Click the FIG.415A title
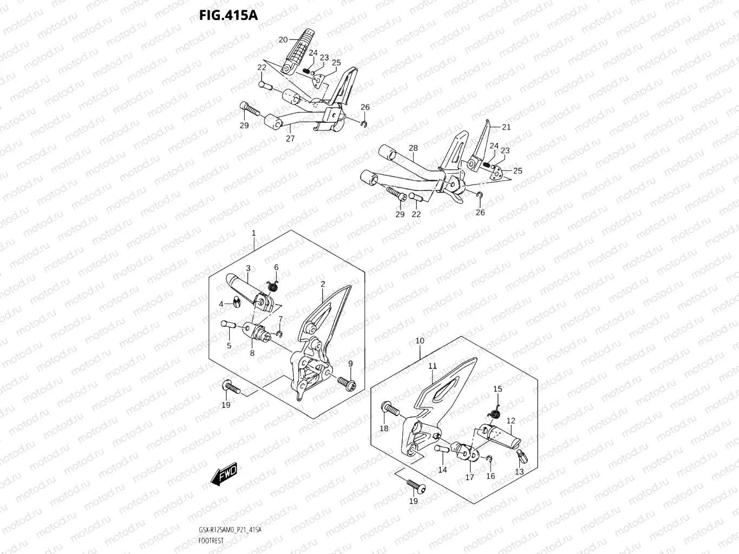click(x=228, y=15)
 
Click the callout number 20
click(x=283, y=39)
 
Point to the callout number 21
click(x=506, y=127)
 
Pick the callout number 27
click(x=290, y=138)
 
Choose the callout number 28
click(x=413, y=148)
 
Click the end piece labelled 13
click(x=522, y=456)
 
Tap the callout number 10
click(x=420, y=341)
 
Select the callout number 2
click(x=323, y=284)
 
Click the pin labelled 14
click(x=440, y=449)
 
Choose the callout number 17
click(x=469, y=477)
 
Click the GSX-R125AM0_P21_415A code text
click(x=230, y=530)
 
